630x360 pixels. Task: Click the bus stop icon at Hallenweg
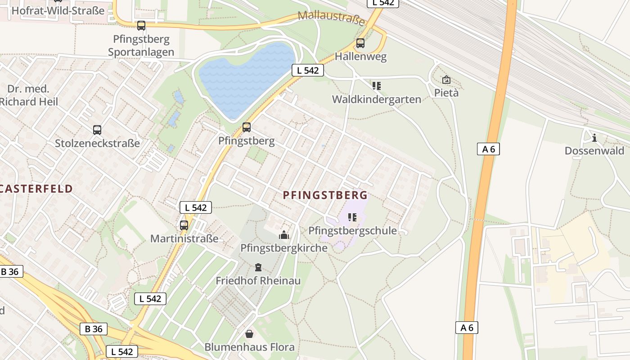pos(360,43)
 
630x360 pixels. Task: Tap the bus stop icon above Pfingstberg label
pos(246,127)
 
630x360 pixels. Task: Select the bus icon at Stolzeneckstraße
pos(97,130)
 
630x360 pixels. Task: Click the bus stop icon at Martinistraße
pos(184,225)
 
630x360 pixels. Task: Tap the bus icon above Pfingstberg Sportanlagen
pos(141,26)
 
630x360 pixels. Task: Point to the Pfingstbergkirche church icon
pos(283,235)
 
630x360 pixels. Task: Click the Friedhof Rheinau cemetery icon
pos(258,268)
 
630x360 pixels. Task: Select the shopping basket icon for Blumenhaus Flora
pos(249,334)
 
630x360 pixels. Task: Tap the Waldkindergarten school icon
pos(376,85)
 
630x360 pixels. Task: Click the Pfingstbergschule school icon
pos(352,218)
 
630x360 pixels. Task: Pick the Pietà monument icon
pos(446,80)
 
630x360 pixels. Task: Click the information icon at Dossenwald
pos(594,138)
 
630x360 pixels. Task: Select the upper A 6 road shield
pos(488,149)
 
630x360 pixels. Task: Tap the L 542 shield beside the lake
pos(308,70)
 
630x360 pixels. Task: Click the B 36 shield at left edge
pos(10,271)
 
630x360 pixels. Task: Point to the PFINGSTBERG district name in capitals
pos(325,195)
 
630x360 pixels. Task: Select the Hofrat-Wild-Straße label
pos(58,10)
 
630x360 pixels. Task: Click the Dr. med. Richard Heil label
pos(29,95)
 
